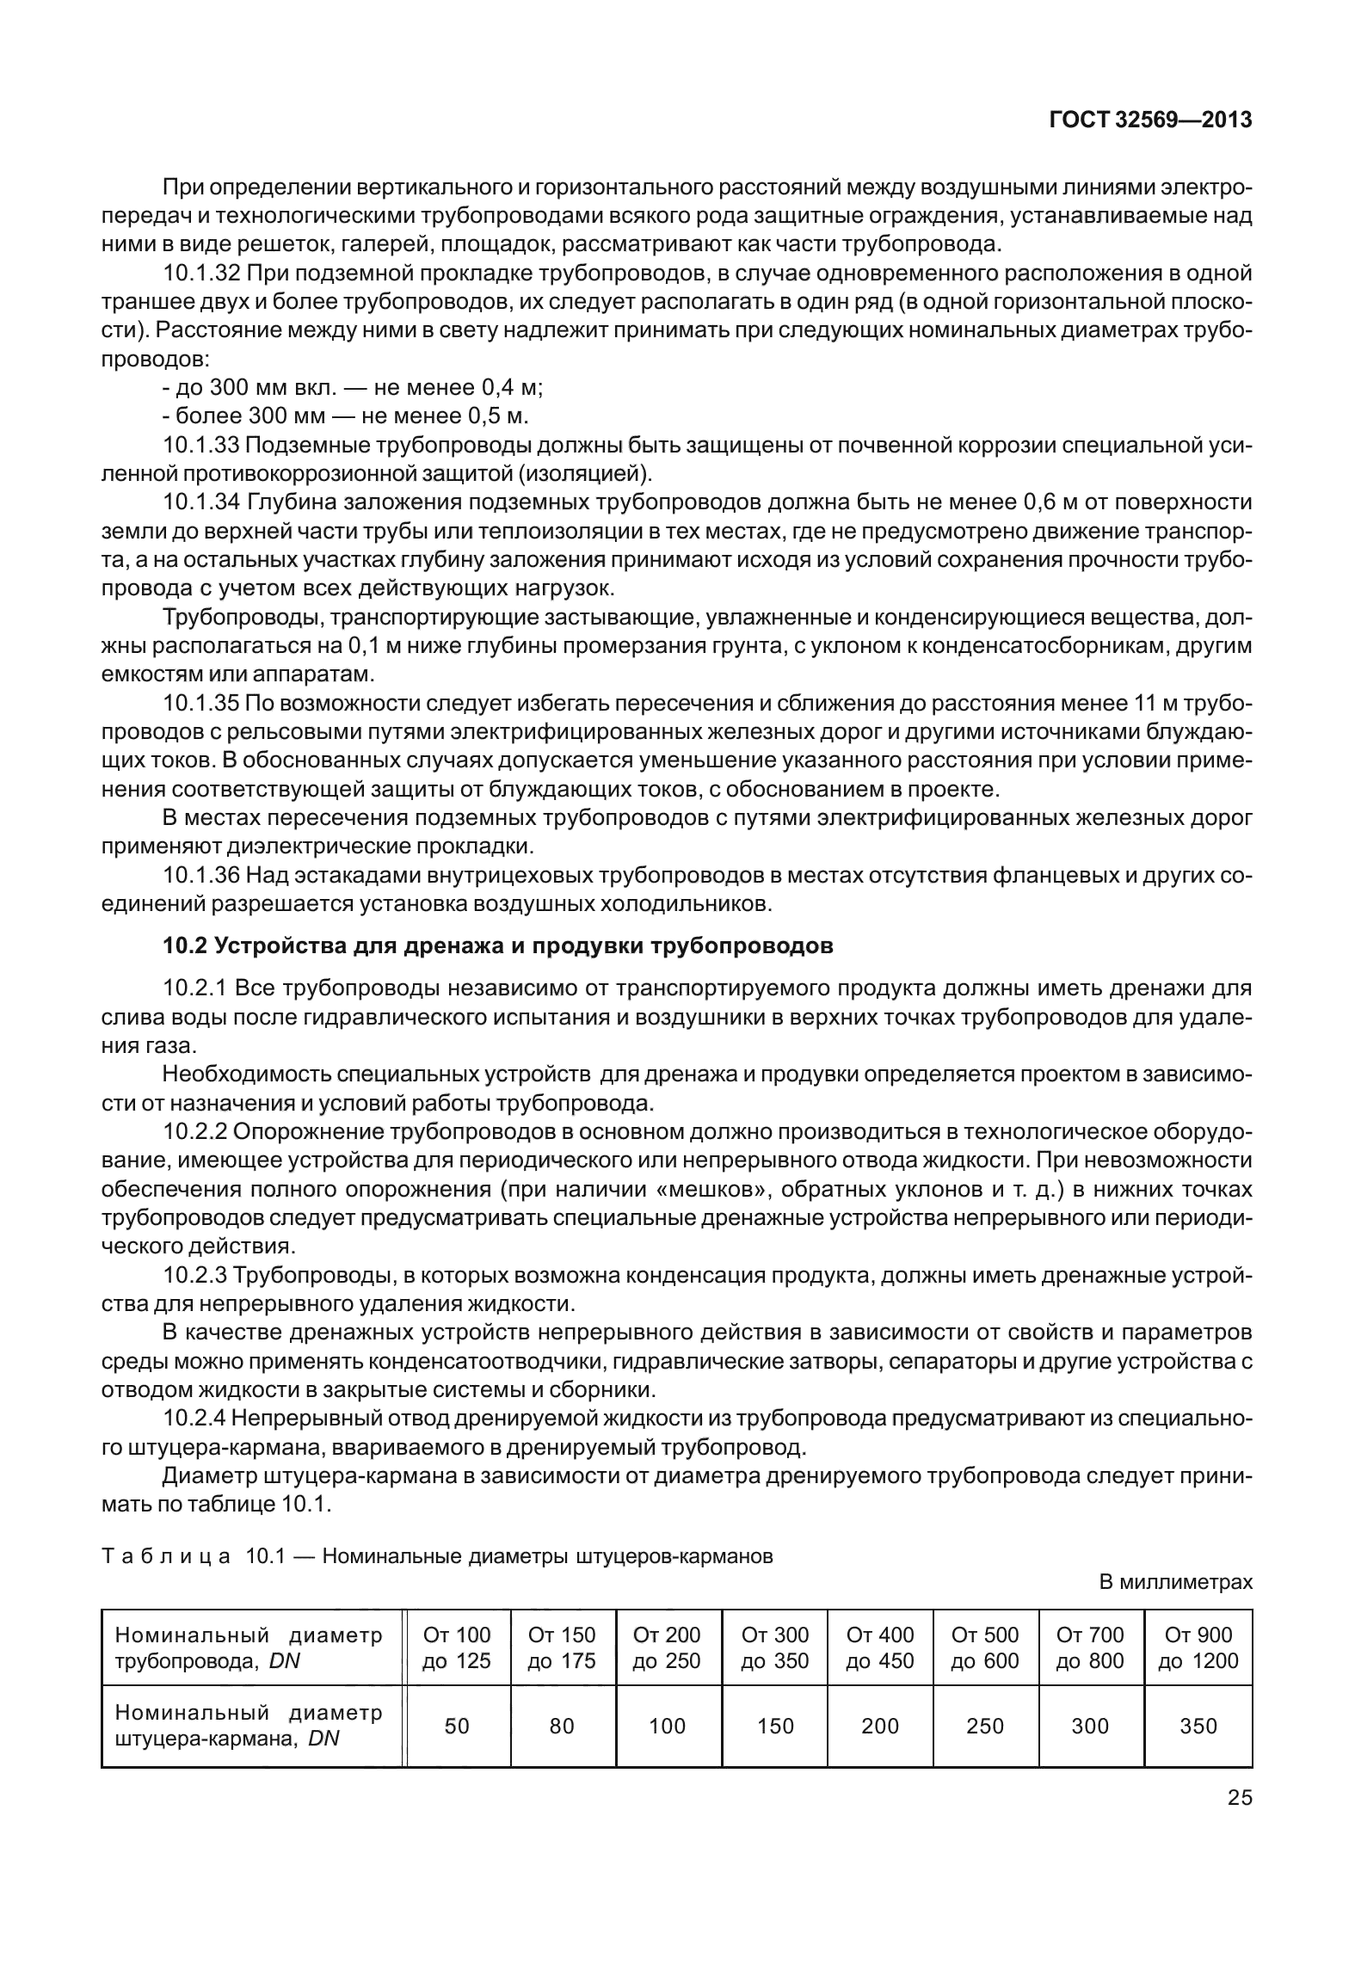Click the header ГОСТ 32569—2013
(x=1149, y=120)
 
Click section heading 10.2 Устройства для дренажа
(x=498, y=946)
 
